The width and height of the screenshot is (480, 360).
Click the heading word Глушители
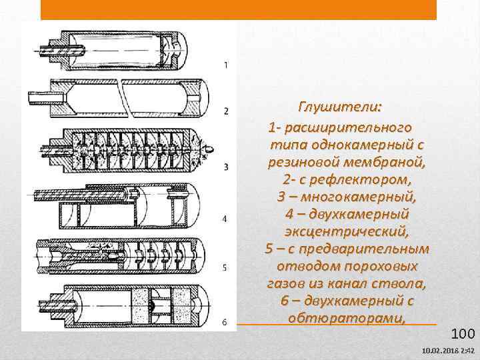tap(340, 107)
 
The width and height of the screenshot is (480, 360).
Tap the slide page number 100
tap(463, 333)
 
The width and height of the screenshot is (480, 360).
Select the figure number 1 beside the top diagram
tap(226, 65)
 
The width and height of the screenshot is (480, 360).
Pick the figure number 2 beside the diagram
tap(226, 111)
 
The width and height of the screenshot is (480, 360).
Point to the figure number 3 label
tap(226, 167)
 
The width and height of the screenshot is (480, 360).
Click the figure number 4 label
tap(225, 219)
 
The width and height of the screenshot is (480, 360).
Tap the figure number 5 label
tap(225, 268)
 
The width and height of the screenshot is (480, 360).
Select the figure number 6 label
tap(225, 322)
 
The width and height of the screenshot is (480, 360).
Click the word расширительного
tap(348, 128)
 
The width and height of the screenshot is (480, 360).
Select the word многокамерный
tap(359, 197)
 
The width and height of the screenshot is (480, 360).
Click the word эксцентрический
tap(347, 231)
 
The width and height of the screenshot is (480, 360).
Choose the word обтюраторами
tap(347, 319)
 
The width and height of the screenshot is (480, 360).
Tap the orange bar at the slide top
tap(239, 9)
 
